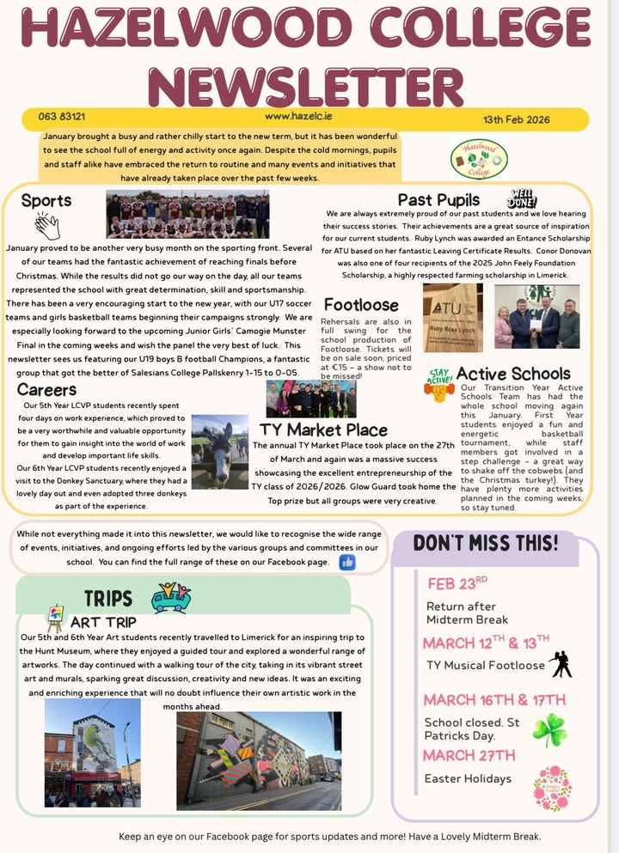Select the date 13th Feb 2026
(x=516, y=119)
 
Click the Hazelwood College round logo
(x=479, y=159)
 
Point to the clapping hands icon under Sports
(x=47, y=227)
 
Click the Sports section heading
(x=46, y=201)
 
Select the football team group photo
(x=187, y=215)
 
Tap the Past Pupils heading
(x=438, y=201)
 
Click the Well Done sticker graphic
(x=523, y=199)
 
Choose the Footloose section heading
(x=361, y=305)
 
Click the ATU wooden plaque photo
(x=452, y=317)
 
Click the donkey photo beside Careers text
(x=219, y=452)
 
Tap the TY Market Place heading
(x=323, y=430)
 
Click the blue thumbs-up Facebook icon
(x=347, y=562)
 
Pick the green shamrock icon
(x=550, y=729)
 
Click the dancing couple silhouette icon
(x=561, y=663)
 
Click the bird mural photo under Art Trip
(x=92, y=752)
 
